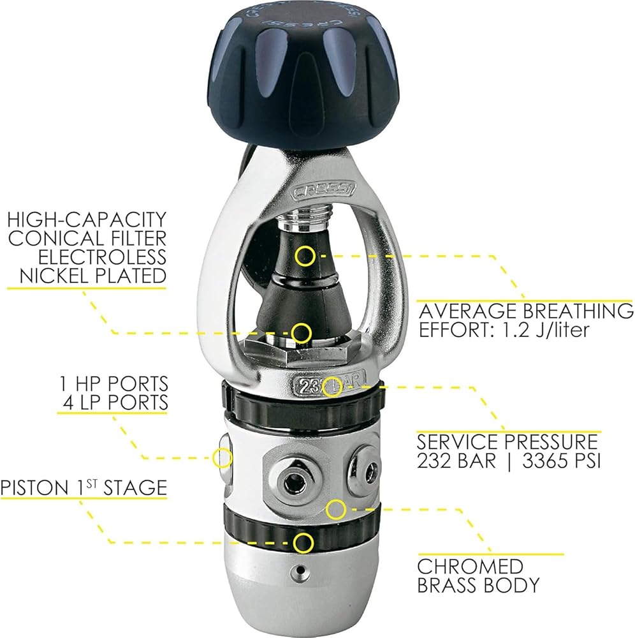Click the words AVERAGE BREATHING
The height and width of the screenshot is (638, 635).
(x=526, y=311)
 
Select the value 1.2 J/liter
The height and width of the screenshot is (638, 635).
(x=546, y=330)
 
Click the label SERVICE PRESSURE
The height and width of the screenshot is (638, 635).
(x=507, y=442)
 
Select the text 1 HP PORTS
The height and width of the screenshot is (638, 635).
(x=113, y=383)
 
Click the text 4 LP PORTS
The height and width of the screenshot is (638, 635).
(x=115, y=402)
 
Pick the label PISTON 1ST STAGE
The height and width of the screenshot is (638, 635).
(x=84, y=487)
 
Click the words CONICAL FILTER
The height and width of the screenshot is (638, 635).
(x=87, y=239)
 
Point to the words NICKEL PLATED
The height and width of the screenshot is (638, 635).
(x=93, y=276)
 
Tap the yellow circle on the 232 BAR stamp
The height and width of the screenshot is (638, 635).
(x=333, y=387)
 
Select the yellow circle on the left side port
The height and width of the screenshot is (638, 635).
(x=222, y=457)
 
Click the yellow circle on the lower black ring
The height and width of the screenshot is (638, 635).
(x=303, y=542)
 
